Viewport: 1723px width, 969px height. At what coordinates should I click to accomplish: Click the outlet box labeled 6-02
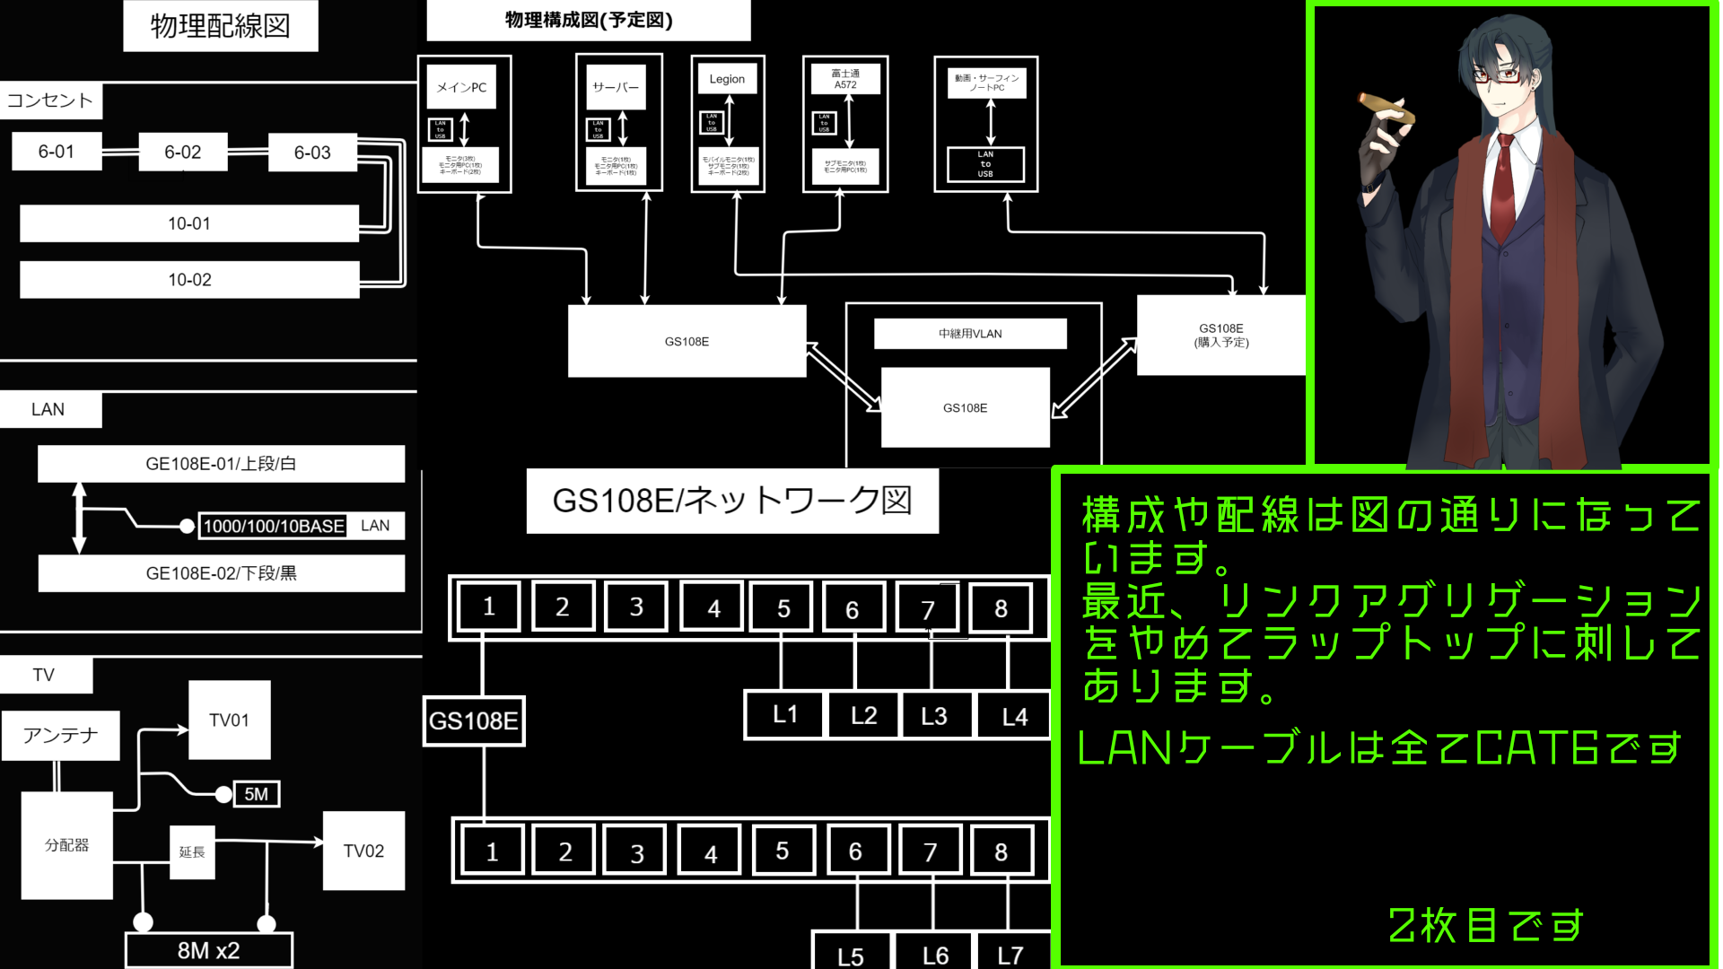(183, 152)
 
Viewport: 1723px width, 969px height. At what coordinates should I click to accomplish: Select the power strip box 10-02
(189, 279)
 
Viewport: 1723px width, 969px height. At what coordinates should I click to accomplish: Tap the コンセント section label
(51, 100)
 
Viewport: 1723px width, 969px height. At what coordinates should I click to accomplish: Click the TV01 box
(229, 720)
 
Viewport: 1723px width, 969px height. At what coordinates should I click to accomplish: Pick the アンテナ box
(60, 736)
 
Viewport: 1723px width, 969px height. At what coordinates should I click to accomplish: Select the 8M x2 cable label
(208, 950)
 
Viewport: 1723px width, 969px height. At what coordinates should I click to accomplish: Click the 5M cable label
(256, 794)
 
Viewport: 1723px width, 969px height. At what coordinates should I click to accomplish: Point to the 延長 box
(192, 851)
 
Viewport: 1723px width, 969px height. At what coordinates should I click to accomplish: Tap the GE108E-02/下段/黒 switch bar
(221, 573)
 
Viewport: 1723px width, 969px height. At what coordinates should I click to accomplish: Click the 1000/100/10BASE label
(274, 526)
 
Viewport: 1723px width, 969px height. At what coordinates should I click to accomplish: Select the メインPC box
(461, 87)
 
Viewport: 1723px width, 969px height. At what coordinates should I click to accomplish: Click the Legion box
(727, 79)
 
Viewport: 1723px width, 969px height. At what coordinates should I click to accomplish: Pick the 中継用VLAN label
(970, 334)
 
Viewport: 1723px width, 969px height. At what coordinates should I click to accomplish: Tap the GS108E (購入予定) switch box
(1220, 335)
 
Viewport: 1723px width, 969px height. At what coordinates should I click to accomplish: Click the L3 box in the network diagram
(934, 715)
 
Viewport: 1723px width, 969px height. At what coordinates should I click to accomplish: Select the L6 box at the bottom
(935, 955)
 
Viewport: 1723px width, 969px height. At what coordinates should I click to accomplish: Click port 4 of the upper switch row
(713, 608)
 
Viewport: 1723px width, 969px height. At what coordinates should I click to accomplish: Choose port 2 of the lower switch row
(564, 851)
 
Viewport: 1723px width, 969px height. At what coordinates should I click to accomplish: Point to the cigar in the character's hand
(1386, 108)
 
